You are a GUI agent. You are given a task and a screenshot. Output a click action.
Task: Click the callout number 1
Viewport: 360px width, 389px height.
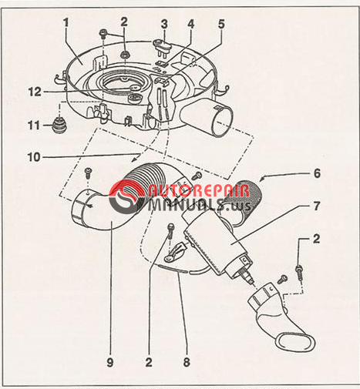click(66, 22)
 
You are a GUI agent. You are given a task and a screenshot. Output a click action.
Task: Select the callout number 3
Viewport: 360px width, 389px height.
click(164, 25)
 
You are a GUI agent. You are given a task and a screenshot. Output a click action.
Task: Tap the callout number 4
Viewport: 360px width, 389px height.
click(190, 24)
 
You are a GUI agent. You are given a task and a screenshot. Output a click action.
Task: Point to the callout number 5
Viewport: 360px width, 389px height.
click(221, 24)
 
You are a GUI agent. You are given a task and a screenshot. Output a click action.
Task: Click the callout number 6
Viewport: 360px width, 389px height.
click(317, 173)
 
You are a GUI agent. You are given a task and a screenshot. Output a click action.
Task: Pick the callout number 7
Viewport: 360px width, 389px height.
click(317, 206)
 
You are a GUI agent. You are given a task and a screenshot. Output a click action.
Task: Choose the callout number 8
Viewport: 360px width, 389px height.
click(187, 362)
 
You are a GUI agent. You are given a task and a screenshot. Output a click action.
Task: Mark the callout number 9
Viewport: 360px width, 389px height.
click(110, 362)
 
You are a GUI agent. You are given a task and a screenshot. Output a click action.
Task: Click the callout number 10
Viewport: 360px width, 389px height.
click(34, 157)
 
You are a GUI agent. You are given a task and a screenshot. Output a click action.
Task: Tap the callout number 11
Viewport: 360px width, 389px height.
click(34, 126)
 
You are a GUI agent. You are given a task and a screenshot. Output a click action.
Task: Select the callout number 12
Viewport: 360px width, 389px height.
click(35, 92)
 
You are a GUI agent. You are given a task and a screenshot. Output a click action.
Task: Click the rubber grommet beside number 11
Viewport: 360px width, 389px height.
click(59, 125)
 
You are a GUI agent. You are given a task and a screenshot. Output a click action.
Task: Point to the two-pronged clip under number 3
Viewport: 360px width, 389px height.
click(163, 47)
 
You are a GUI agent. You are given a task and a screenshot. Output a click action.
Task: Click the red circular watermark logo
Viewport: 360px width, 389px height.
click(126, 197)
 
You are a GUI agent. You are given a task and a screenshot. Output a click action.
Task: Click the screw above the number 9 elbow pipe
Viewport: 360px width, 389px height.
click(89, 172)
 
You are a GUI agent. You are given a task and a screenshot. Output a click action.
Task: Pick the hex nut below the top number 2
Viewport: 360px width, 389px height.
click(125, 55)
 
